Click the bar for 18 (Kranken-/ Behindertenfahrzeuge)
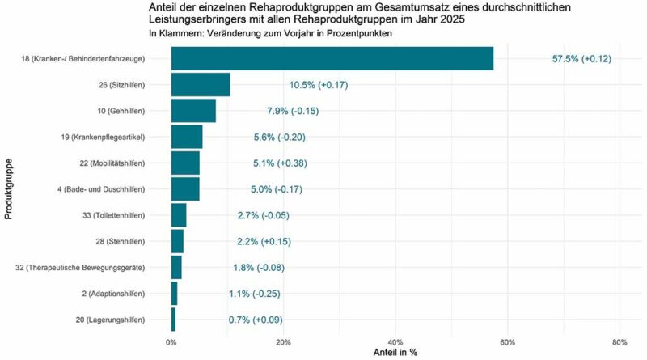(332, 58)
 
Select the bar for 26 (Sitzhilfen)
(201, 84)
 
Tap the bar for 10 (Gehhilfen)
(193, 111)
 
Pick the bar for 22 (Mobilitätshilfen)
(185, 163)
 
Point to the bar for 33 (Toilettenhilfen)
(179, 215)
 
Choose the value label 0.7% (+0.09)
(256, 320)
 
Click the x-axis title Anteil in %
(395, 353)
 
